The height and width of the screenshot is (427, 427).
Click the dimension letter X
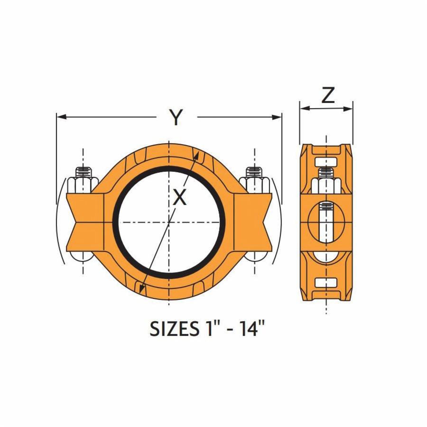tap(179, 196)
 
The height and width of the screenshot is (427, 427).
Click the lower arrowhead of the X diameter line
tap(140, 287)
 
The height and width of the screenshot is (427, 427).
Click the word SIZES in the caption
tap(172, 328)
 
